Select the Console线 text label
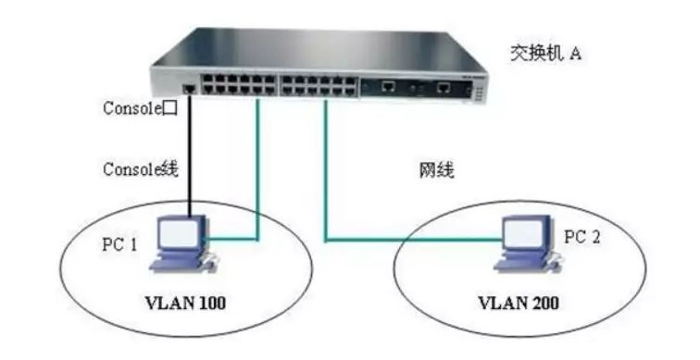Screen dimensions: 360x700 [x=139, y=168]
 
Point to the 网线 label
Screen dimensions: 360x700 [x=437, y=172]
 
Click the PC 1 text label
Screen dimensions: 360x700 [x=119, y=244]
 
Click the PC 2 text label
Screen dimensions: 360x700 [x=583, y=238]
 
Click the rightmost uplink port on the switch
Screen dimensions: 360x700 [x=445, y=89]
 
